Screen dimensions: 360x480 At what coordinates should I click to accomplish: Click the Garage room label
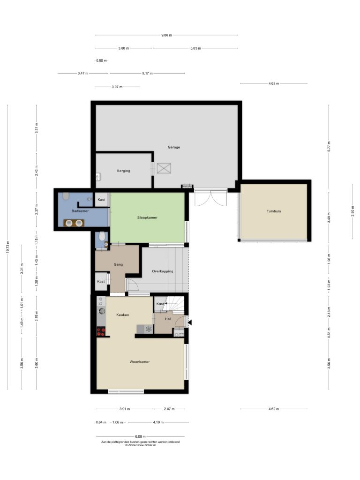(173, 147)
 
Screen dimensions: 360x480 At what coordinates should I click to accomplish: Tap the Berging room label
(123, 171)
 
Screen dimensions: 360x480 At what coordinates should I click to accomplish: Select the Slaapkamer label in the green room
(147, 217)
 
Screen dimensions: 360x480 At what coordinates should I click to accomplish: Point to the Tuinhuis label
(274, 211)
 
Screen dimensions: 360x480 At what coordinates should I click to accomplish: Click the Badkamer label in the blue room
(80, 211)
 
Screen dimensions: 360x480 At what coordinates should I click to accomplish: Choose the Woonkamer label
(140, 362)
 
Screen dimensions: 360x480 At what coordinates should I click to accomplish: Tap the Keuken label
(122, 315)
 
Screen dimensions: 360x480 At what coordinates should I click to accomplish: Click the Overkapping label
(163, 271)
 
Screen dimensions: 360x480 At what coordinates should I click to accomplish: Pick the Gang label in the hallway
(118, 264)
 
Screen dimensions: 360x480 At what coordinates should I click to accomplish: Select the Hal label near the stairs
(168, 319)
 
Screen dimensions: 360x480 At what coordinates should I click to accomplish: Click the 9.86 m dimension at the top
(166, 35)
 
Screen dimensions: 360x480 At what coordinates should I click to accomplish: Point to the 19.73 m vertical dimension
(8, 247)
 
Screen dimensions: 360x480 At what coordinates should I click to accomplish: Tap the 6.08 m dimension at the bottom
(141, 436)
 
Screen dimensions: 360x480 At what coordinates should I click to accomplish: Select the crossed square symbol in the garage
(164, 168)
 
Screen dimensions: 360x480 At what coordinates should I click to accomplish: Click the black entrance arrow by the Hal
(189, 322)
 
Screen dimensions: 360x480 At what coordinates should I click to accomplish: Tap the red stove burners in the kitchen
(101, 332)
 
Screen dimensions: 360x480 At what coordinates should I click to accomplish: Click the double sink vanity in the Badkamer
(74, 223)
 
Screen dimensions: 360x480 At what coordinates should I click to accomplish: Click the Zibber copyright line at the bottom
(141, 445)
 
